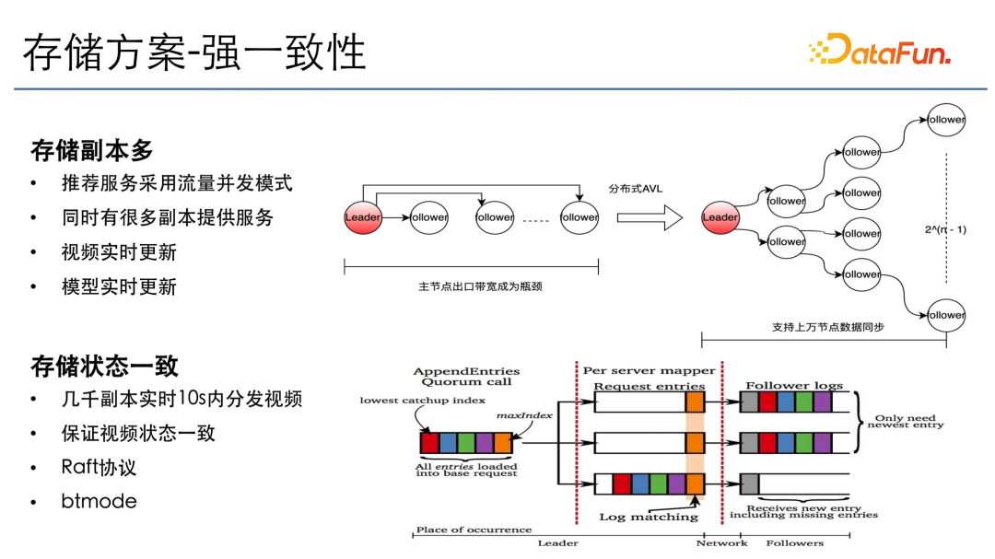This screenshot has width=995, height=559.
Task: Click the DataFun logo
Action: pyautogui.click(x=879, y=52)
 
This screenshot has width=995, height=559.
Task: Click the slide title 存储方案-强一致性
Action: pyautogui.click(x=194, y=52)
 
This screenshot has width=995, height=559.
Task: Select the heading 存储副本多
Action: pyautogui.click(x=92, y=150)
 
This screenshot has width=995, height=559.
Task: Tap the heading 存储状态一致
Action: pyautogui.click(x=105, y=366)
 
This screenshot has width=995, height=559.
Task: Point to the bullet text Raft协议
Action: pyautogui.click(x=99, y=467)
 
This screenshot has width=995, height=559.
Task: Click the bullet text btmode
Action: pyautogui.click(x=99, y=501)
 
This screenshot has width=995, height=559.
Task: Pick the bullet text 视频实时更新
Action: pyautogui.click(x=119, y=252)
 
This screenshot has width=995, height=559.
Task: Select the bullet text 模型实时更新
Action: pyautogui.click(x=119, y=286)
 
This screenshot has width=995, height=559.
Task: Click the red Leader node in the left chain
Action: pyautogui.click(x=363, y=217)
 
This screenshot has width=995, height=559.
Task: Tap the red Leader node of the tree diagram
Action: pyautogui.click(x=720, y=217)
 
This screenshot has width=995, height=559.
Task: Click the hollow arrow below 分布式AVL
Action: pyautogui.click(x=649, y=217)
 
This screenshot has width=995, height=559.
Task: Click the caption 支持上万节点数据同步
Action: pyautogui.click(x=827, y=327)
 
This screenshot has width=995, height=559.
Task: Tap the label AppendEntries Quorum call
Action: pyautogui.click(x=466, y=376)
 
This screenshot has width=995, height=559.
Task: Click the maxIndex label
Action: pyautogui.click(x=524, y=415)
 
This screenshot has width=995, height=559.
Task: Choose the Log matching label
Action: pyautogui.click(x=649, y=517)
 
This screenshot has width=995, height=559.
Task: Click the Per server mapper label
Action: pyautogui.click(x=649, y=370)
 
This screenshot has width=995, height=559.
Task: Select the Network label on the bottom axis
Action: pyautogui.click(x=722, y=542)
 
